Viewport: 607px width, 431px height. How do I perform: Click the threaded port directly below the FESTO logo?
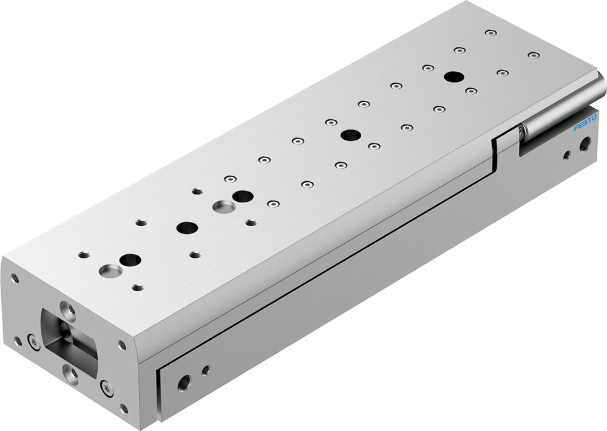586,144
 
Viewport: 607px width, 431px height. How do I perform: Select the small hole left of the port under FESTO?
566,155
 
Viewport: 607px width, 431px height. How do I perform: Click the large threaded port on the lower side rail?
184,382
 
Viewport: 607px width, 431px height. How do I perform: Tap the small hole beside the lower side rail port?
206,369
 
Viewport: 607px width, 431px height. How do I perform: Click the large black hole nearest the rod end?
452,77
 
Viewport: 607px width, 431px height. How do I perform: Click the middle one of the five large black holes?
243,196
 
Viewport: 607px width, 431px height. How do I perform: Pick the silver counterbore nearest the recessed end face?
110,269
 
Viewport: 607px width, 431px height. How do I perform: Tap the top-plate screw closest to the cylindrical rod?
534,55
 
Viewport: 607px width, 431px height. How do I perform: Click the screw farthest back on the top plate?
489,32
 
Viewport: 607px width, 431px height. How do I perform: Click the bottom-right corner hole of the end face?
124,408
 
